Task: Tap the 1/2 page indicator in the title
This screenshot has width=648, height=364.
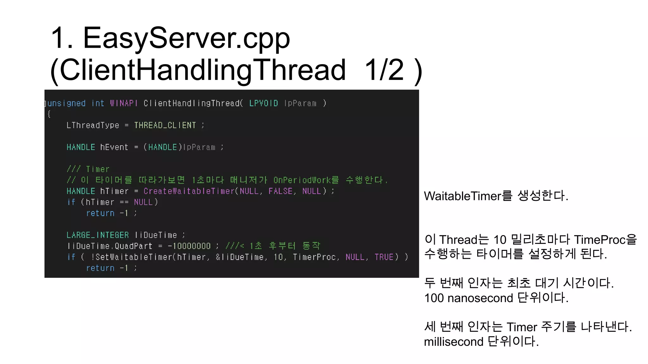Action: point(384,70)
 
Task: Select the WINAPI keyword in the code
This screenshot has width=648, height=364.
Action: point(124,103)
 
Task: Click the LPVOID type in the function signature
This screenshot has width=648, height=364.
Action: point(263,103)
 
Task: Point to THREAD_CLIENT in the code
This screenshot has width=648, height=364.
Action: point(165,125)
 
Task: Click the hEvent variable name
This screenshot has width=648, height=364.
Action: point(114,147)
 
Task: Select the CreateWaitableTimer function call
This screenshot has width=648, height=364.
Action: point(189,191)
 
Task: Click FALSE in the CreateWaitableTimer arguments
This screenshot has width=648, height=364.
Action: point(280,191)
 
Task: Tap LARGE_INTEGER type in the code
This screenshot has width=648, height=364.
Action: point(97,235)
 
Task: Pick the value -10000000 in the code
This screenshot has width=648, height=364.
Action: point(189,246)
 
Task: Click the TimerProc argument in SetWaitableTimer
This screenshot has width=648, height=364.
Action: point(314,257)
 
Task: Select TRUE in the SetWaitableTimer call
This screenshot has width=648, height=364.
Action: point(384,257)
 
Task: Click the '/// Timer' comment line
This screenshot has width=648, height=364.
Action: point(88,169)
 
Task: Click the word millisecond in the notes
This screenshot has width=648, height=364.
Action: point(453,342)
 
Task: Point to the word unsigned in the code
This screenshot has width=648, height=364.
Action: point(66,103)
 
